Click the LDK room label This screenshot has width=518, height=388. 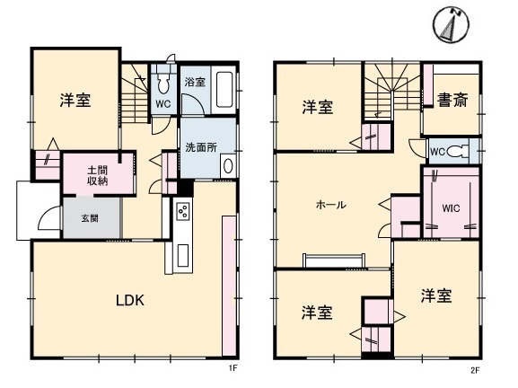130,300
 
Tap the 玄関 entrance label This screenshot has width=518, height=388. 90,218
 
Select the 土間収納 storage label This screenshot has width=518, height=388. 98,176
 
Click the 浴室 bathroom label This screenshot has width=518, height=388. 195,82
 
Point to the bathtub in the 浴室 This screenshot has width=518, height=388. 224,90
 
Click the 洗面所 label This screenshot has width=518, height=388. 201,147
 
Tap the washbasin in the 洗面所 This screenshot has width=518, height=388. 228,166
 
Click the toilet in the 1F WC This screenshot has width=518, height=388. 162,83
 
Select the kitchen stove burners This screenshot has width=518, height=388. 182,211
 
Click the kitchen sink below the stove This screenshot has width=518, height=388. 182,255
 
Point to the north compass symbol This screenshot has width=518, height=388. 451,23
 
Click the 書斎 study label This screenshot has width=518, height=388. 452,100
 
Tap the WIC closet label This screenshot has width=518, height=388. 451,208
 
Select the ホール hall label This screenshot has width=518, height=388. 331,205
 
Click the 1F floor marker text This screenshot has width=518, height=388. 233,368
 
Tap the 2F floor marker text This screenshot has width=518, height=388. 475,370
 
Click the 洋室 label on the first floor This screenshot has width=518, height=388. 75,100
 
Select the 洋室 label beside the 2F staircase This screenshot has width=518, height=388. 318,107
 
